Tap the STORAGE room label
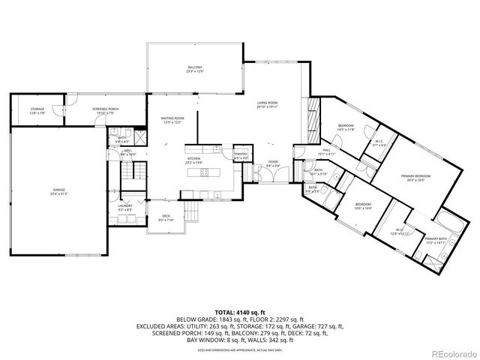click(x=37, y=111)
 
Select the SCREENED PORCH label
click(x=106, y=111)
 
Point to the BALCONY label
click(x=194, y=70)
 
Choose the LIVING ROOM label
click(x=267, y=105)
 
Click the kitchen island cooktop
click(x=204, y=173)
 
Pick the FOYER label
click(x=273, y=163)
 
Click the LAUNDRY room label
click(x=125, y=207)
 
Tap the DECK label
click(x=166, y=218)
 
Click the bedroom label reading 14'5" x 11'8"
click(x=345, y=127)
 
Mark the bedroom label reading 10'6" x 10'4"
click(x=363, y=205)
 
